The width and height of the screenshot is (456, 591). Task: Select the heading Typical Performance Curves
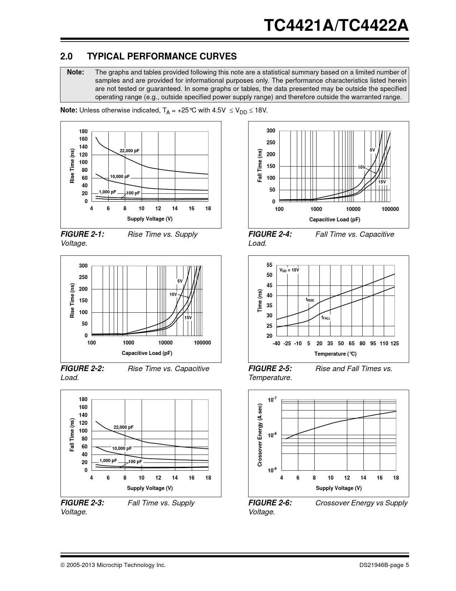pos(148,56)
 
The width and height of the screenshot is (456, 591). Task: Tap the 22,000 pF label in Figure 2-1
pos(129,151)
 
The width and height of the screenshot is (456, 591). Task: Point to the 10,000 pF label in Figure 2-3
pos(122,448)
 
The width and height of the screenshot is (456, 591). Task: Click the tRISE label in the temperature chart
pos(310,299)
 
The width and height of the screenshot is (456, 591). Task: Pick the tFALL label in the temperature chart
pos(326,317)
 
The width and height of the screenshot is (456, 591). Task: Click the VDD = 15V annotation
pos(289,270)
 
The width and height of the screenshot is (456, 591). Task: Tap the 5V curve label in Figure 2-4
pos(372,150)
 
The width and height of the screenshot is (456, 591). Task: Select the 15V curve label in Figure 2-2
pos(188,317)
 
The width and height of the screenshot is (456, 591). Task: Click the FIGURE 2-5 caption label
pos(270,369)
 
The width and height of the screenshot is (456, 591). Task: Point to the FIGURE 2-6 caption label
pos(270,503)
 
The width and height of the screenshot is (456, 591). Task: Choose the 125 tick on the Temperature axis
pos(394,343)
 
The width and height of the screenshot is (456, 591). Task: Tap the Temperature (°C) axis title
pos(335,354)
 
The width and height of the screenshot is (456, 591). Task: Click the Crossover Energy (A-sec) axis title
pos(260,435)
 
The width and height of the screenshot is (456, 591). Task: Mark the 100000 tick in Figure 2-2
pos(202,343)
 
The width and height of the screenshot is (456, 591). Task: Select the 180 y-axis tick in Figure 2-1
pos(83,131)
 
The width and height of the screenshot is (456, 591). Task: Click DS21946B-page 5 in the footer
pos(384,565)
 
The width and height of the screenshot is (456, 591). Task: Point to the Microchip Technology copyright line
pos(113,565)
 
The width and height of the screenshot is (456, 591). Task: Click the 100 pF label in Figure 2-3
pos(135,462)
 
